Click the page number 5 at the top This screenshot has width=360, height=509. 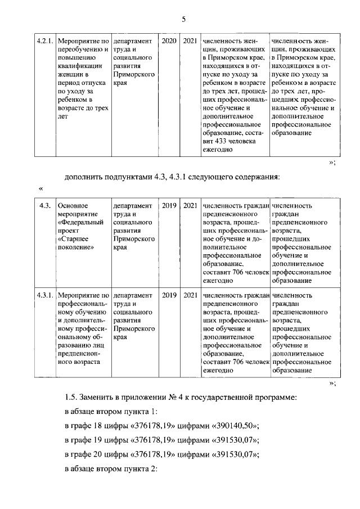click(183, 20)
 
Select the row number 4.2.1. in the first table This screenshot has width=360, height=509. click(44, 41)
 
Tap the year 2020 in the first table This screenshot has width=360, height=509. click(169, 41)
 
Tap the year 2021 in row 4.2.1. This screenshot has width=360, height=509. click(190, 41)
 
